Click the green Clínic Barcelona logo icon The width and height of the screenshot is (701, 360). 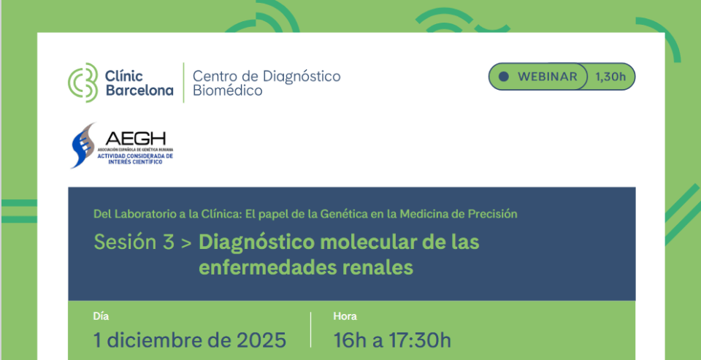[x=82, y=83]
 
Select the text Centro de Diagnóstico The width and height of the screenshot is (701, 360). [x=266, y=75]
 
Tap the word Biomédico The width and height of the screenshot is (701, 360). [x=227, y=91]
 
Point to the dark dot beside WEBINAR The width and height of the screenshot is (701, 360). [x=503, y=76]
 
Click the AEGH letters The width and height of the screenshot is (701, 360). [x=135, y=138]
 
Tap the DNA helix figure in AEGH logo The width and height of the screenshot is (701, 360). [x=83, y=144]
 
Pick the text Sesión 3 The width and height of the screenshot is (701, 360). [x=134, y=242]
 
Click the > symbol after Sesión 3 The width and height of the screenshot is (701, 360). [x=186, y=243]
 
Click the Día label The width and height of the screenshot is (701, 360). [x=101, y=316]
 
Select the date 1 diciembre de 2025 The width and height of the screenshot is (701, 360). [x=190, y=340]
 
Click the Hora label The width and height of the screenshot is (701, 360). [x=345, y=316]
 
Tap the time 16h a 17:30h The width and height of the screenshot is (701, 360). [x=392, y=340]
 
